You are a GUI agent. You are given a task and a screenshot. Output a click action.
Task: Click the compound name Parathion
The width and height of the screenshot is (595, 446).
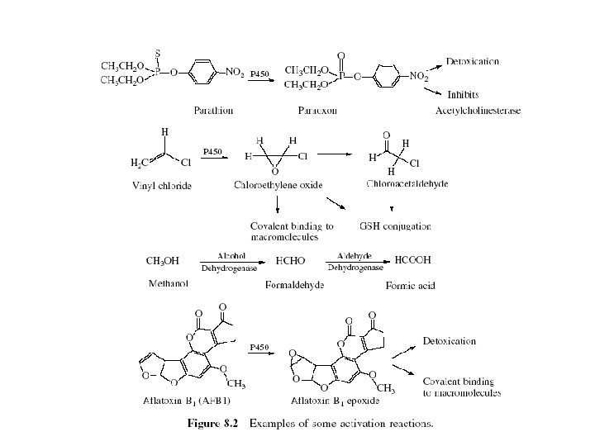213,110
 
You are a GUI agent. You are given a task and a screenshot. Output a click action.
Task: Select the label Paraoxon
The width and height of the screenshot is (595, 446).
318,110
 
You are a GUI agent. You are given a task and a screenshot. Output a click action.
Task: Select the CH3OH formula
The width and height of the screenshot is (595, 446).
162,261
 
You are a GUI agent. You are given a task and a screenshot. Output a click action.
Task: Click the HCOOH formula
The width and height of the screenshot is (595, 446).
413,260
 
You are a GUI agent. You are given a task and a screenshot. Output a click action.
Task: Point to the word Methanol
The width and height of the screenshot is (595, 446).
168,284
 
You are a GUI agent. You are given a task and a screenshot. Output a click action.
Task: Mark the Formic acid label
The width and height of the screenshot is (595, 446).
411,285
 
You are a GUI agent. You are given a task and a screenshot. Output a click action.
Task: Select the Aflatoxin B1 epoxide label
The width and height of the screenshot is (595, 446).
329,401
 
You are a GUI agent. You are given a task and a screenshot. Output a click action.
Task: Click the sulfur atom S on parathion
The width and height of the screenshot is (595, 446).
159,53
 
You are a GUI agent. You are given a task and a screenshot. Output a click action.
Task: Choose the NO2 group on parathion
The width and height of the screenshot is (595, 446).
232,74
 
